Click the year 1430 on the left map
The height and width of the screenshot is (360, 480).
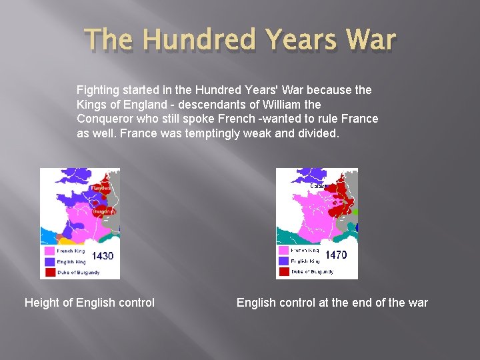click(102, 256)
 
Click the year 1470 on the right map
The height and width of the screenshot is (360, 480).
click(336, 254)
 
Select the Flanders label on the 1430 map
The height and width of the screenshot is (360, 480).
click(100, 188)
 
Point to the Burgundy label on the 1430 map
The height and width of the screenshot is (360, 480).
click(104, 211)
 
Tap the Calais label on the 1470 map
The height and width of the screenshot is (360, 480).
click(317, 186)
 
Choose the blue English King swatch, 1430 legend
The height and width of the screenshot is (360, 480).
click(49, 262)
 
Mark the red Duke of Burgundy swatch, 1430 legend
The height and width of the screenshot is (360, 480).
click(49, 272)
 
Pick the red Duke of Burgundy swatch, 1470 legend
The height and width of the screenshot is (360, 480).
click(284, 271)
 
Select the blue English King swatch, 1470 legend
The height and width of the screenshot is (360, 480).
click(284, 261)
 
